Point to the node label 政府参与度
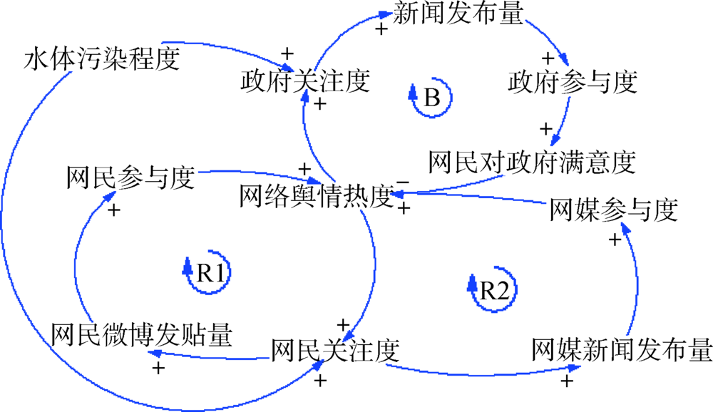(x=572, y=81)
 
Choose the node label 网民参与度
(x=130, y=178)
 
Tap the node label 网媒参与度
(x=612, y=210)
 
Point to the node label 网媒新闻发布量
(x=622, y=350)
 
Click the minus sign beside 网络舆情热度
(x=404, y=182)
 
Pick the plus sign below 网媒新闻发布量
(x=568, y=381)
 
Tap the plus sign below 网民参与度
(x=113, y=210)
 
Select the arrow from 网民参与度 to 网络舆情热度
(x=250, y=172)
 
